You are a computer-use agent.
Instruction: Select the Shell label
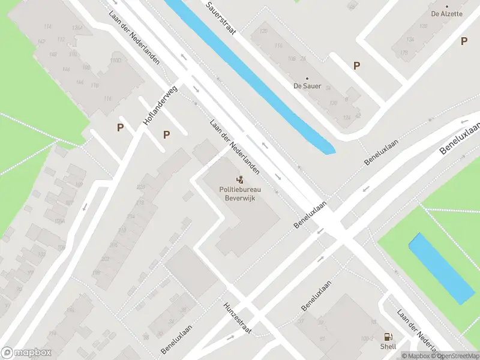coord(388,347)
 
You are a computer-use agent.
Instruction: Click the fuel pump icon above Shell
coord(388,337)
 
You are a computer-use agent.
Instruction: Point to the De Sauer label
coord(307,86)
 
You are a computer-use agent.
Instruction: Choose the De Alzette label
coord(446,14)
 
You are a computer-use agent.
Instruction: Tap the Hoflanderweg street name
coord(161,106)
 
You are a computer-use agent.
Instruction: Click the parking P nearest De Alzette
coord(464,41)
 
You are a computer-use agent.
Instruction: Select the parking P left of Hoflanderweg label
coord(121,127)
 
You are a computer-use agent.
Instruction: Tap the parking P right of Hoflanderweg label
coord(167,134)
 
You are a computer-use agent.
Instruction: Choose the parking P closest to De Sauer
coord(357,66)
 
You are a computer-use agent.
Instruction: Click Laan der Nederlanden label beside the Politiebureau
coord(235,147)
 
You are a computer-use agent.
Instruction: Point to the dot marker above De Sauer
coord(307,78)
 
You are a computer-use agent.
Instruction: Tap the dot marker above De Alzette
coord(446,6)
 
